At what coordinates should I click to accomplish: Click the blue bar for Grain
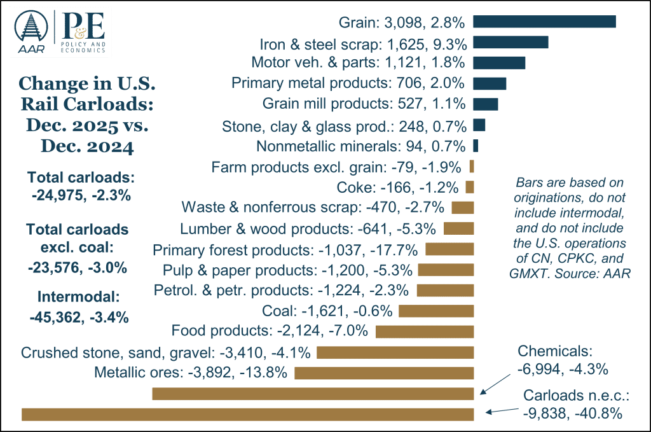[x=544, y=22]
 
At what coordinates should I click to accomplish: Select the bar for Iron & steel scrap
[x=511, y=43]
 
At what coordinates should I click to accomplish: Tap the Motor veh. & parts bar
[x=499, y=62]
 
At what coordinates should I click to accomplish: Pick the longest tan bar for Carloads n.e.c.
[x=248, y=414]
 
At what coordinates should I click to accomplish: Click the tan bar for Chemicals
[x=313, y=394]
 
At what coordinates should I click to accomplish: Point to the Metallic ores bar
[x=384, y=372]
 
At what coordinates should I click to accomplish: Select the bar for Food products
[x=425, y=331]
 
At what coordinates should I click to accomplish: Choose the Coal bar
[x=436, y=311]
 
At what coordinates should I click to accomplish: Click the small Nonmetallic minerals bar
[x=476, y=146]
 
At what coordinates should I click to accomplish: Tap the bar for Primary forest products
[x=449, y=249]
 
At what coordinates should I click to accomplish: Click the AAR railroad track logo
[x=31, y=32]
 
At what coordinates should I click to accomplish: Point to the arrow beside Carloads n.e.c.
[x=502, y=409]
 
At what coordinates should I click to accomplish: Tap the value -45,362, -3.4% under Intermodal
[x=79, y=316]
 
